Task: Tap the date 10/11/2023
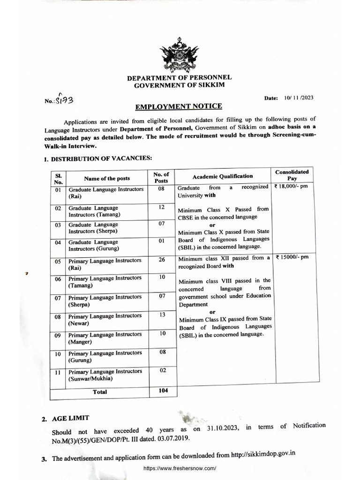(299, 98)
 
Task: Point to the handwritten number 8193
(65, 100)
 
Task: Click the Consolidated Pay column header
(292, 175)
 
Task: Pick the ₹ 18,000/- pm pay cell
(291, 187)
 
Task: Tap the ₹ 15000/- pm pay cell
(290, 258)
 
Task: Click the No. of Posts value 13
(162, 315)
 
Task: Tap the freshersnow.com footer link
(180, 468)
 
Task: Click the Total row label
(99, 392)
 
